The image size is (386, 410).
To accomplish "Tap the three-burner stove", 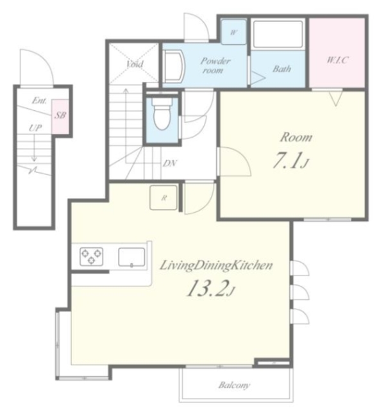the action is click(91, 256).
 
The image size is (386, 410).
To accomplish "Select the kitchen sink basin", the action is click(131, 257).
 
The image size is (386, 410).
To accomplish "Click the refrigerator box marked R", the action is click(164, 197).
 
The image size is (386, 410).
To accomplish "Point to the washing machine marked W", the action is click(233, 32).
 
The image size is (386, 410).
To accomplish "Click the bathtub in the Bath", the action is click(278, 34).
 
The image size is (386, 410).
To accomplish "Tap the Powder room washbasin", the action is click(174, 67).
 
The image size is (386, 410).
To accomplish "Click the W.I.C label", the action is click(337, 60).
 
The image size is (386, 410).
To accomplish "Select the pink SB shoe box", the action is click(60, 115).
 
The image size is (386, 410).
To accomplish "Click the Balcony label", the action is click(235, 384).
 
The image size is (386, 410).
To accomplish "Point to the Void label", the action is click(135, 63).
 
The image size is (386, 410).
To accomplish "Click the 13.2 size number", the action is click(206, 288).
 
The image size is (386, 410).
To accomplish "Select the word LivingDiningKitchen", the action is click(216, 265).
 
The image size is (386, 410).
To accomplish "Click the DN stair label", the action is click(170, 163).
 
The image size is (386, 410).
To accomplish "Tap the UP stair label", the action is click(35, 127).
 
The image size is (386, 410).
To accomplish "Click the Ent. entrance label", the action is click(40, 100).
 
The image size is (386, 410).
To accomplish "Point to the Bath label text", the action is click(282, 69).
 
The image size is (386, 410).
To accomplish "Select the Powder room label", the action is click(215, 65).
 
